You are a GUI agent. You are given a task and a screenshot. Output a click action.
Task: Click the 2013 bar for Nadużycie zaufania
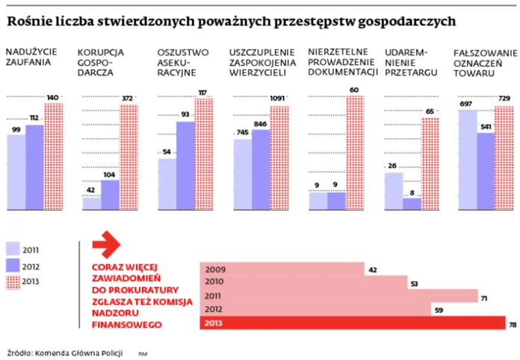[x=54, y=157]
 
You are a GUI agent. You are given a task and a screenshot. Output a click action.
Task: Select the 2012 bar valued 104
[x=110, y=195]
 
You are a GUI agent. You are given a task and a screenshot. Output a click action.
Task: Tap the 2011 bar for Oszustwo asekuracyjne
[x=167, y=184]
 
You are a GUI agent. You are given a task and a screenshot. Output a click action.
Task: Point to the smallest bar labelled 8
[x=412, y=204]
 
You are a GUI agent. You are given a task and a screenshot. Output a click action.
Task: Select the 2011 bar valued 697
[x=467, y=160]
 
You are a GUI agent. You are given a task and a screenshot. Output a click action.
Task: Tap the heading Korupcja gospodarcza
[x=101, y=63]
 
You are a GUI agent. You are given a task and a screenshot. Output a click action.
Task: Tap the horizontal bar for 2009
[x=282, y=270]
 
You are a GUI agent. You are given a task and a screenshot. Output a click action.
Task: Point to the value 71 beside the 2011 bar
[x=483, y=297]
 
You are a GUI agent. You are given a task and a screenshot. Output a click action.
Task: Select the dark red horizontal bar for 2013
[x=352, y=323]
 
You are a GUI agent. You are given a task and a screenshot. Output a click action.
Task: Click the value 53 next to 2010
[x=413, y=283]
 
